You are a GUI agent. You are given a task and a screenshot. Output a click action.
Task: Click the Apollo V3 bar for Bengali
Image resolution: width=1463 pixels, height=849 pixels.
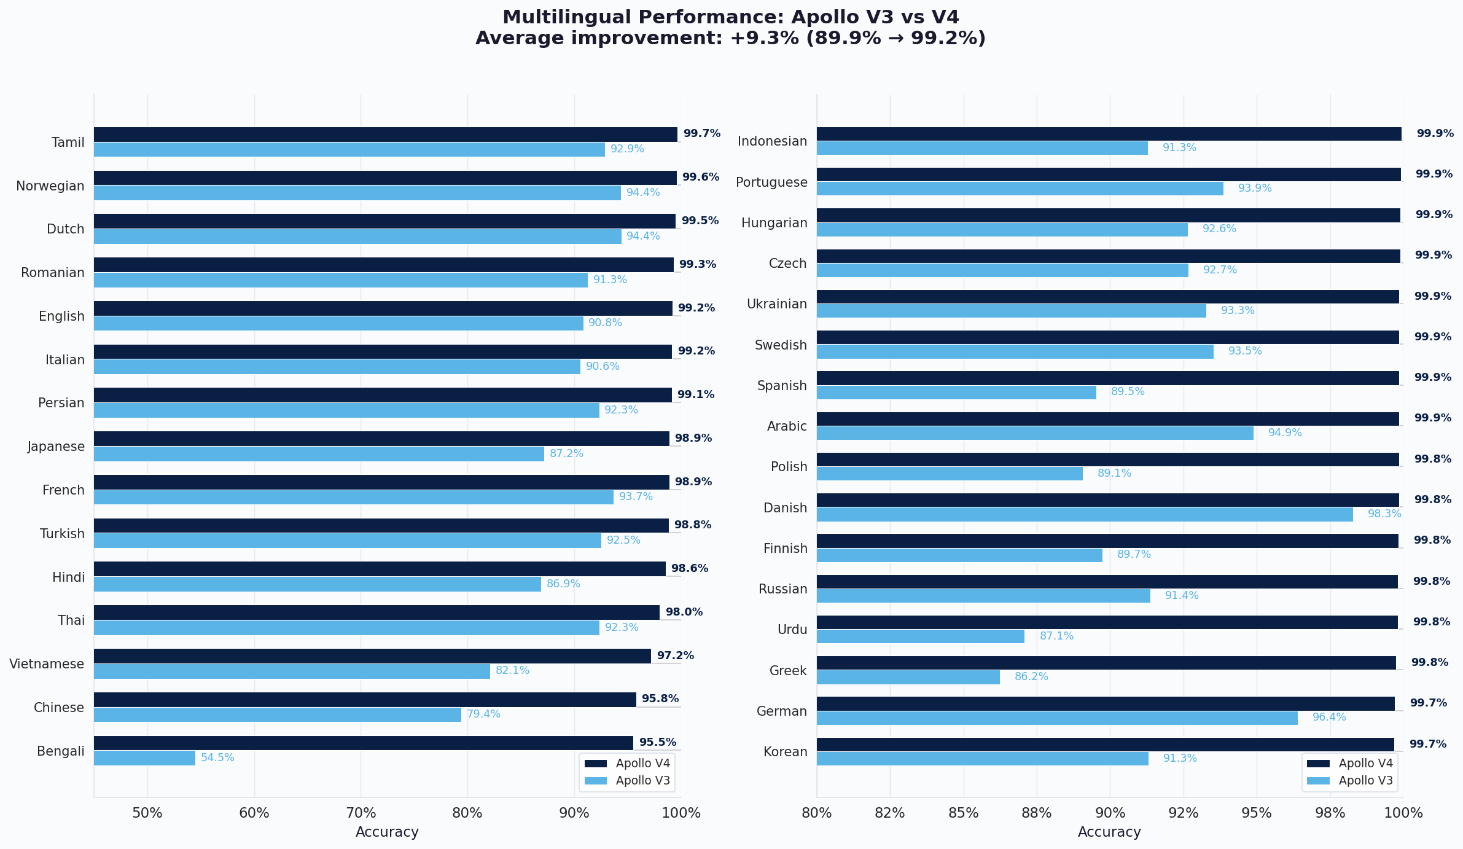click(144, 758)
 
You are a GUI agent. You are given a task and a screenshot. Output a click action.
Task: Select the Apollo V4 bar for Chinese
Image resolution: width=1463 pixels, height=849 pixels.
click(365, 700)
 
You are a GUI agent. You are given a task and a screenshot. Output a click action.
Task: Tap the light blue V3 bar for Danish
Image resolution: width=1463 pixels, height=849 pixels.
click(1084, 514)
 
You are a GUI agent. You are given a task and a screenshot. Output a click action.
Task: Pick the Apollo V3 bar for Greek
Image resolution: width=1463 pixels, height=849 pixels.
click(908, 677)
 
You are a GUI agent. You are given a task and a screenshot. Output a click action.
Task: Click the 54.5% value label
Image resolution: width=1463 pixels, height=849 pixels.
click(217, 758)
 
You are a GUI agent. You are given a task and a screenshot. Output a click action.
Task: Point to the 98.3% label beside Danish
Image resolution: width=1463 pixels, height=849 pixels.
click(1384, 514)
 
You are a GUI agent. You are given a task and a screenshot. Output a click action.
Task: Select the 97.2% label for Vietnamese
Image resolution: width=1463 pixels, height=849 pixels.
click(675, 656)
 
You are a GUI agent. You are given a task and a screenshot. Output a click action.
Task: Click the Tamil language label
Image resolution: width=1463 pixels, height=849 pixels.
click(68, 143)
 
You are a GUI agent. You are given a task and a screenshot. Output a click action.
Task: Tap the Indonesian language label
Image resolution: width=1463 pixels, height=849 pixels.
click(772, 141)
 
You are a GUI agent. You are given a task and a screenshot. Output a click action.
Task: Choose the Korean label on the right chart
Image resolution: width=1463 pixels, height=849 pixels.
click(785, 752)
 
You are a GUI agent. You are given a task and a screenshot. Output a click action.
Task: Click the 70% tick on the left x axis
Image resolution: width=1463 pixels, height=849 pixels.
click(361, 813)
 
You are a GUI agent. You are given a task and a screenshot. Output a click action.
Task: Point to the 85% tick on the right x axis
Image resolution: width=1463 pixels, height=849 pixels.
click(963, 813)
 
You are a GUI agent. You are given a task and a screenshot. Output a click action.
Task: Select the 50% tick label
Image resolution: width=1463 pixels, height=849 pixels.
click(147, 813)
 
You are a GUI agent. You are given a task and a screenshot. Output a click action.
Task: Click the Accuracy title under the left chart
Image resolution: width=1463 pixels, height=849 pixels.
click(387, 832)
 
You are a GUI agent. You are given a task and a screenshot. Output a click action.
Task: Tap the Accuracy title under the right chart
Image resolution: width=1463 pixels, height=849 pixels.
click(1109, 832)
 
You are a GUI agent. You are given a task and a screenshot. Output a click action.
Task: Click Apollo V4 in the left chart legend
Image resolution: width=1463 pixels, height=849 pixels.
click(642, 764)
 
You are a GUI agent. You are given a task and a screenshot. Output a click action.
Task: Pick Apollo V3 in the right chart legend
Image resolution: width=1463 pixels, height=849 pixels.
click(1365, 781)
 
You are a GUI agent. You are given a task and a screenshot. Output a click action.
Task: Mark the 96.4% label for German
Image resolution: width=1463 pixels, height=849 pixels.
click(1328, 718)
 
